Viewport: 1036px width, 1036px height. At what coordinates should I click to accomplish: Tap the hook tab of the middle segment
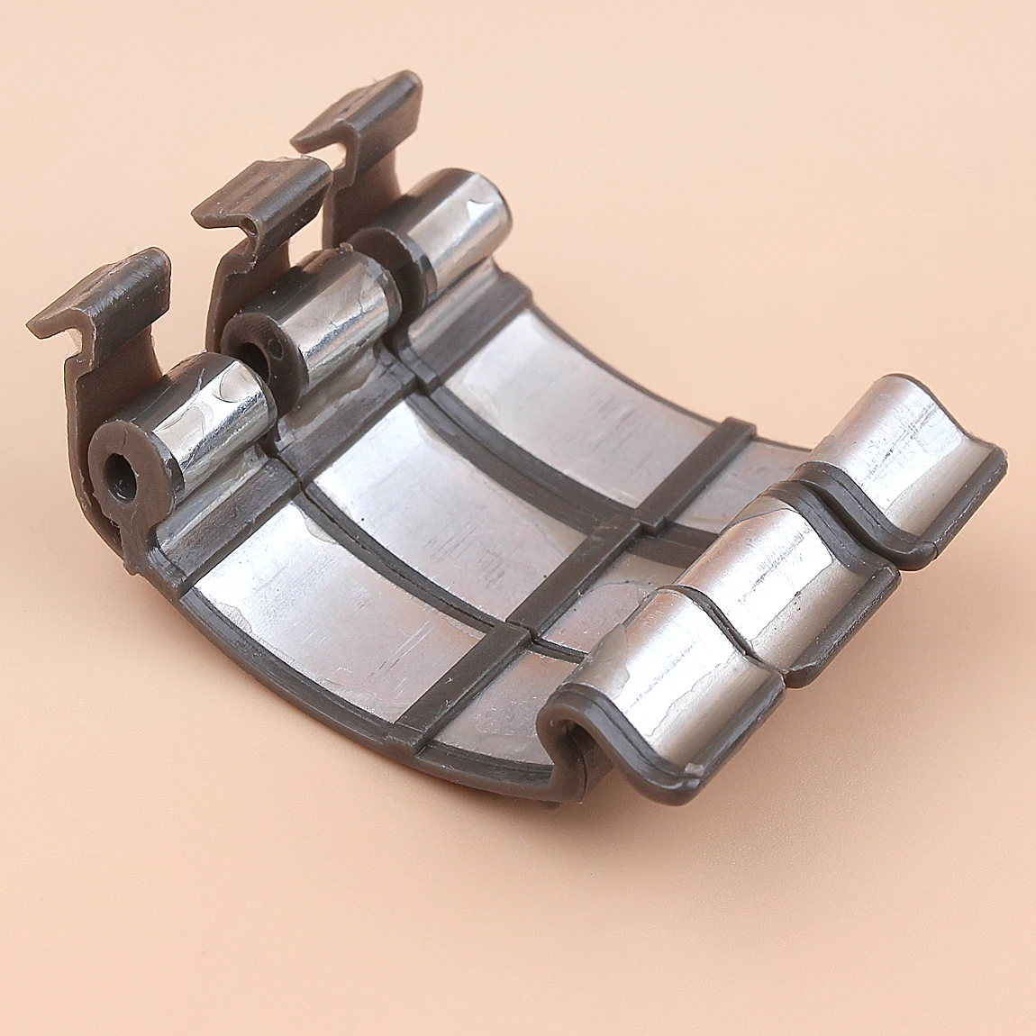261,194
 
